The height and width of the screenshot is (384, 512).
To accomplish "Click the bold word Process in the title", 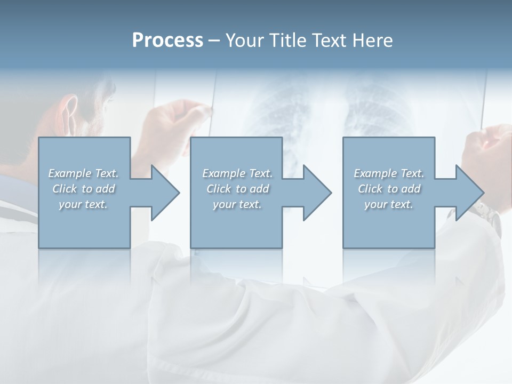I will (x=167, y=41).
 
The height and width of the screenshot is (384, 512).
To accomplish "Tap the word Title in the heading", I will (x=287, y=41).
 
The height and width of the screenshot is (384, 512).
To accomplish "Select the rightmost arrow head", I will (x=469, y=193).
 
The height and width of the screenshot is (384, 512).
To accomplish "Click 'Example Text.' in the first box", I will (x=83, y=173).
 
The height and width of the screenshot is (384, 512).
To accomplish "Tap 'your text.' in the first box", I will (x=83, y=204).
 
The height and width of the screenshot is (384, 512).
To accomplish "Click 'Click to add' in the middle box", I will (x=237, y=189).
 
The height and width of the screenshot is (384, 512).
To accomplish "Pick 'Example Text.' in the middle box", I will (x=237, y=173).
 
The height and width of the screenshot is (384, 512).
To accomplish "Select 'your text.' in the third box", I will (x=389, y=204).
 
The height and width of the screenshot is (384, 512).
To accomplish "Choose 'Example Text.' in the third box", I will (x=389, y=173).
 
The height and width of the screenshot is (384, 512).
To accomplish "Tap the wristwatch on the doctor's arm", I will (x=488, y=216).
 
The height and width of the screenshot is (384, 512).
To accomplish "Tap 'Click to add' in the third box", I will (x=389, y=189).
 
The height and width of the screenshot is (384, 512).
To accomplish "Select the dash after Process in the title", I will (x=214, y=41).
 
